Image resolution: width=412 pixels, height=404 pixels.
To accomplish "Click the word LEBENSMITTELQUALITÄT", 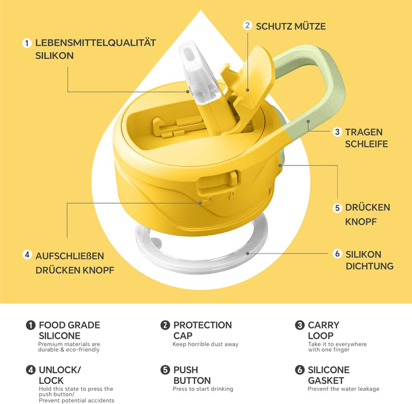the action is click(96, 43).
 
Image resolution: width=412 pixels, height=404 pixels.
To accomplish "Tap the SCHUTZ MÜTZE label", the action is click(291, 26).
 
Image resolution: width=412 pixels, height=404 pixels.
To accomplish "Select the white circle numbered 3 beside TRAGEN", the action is click(337, 132).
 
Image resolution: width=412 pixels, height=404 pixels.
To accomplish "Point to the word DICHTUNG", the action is click(370, 266).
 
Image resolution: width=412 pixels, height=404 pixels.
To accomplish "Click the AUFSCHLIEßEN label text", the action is click(70, 256).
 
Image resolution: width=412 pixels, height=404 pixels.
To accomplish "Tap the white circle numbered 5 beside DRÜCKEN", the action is click(338, 208).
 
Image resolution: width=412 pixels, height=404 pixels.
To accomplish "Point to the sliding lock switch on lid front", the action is click(219, 182).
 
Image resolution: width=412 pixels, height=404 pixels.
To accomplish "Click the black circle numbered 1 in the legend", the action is click(30, 325).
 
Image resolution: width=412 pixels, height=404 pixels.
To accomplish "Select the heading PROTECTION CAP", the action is click(203, 330).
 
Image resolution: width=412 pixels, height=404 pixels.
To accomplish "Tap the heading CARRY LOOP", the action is click(323, 330).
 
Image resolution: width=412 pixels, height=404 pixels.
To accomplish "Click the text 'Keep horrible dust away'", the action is click(205, 344).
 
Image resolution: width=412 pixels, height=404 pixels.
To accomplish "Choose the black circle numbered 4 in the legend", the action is click(30, 370).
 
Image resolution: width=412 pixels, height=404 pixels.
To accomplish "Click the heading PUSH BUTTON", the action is click(192, 375).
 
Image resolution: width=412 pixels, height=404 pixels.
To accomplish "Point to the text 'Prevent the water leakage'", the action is click(344, 389).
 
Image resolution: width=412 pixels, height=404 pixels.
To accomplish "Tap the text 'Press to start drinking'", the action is click(203, 389).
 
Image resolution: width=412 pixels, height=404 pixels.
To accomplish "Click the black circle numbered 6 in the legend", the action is click(299, 370).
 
